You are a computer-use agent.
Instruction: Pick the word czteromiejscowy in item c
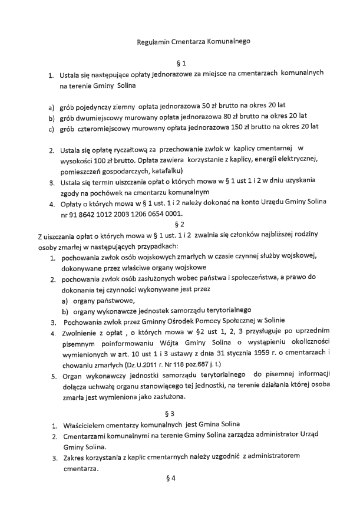coord(109,126)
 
